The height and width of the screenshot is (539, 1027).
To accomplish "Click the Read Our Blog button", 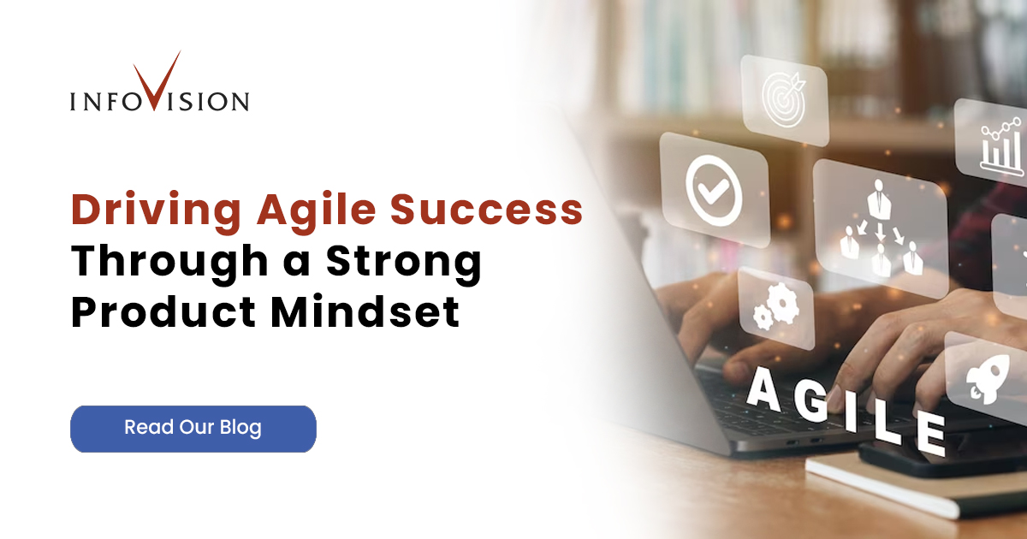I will point(193,428).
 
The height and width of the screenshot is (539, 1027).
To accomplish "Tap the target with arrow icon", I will point(784,100).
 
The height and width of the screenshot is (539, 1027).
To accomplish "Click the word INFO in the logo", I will point(101,102).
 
